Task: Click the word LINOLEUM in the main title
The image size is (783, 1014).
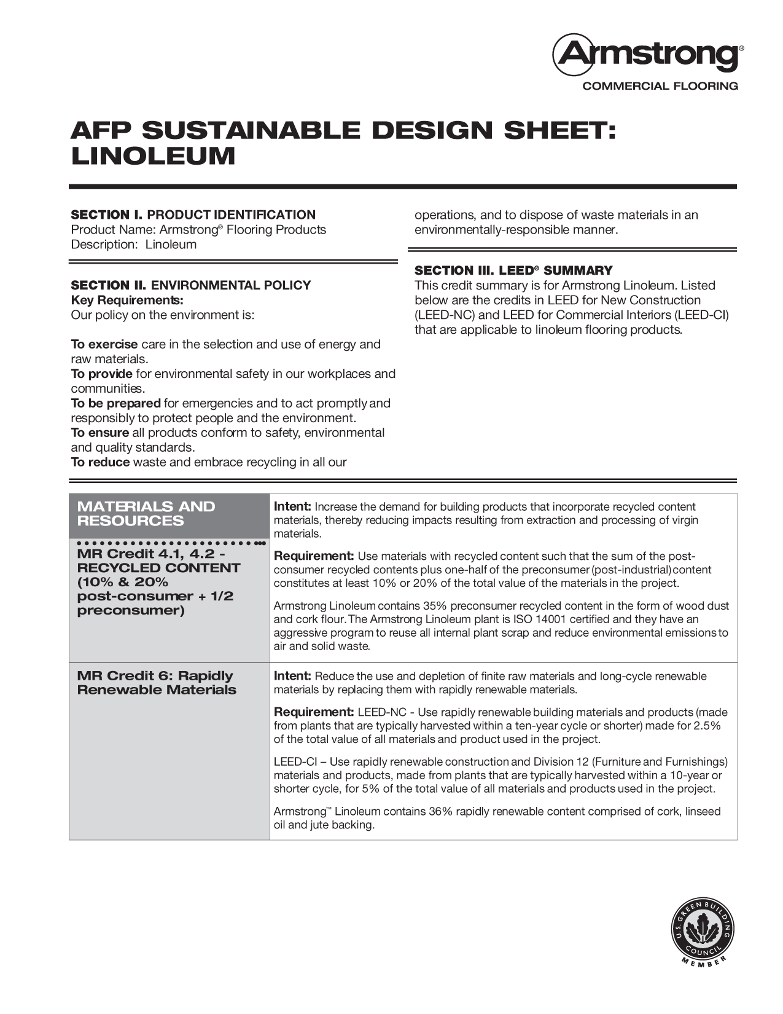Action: (154, 156)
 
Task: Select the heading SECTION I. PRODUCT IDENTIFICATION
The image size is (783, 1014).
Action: (193, 214)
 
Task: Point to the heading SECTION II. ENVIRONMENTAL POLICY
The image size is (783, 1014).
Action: (191, 285)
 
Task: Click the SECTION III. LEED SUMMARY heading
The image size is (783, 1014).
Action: (513, 270)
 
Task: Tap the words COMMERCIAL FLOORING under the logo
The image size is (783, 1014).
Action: (660, 86)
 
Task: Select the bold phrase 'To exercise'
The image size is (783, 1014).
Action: (104, 344)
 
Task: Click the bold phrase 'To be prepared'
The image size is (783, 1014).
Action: (116, 403)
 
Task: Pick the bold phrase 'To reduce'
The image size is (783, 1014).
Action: (100, 462)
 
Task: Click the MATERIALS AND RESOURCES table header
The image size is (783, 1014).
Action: (146, 514)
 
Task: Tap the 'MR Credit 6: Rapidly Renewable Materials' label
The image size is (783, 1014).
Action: (157, 683)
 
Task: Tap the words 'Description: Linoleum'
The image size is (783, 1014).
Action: (134, 245)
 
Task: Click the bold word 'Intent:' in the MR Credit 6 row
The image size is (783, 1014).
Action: (292, 676)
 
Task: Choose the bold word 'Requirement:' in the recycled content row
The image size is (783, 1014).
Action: (314, 556)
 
